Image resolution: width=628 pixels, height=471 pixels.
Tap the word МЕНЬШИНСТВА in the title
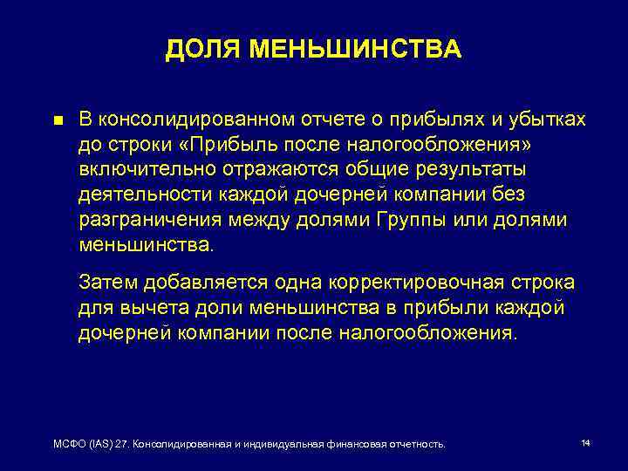click(x=355, y=50)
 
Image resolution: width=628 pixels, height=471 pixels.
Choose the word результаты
click(x=465, y=168)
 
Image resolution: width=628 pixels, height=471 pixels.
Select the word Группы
click(x=413, y=219)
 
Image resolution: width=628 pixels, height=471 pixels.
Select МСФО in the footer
click(x=69, y=445)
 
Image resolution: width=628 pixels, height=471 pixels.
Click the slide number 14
click(x=585, y=443)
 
